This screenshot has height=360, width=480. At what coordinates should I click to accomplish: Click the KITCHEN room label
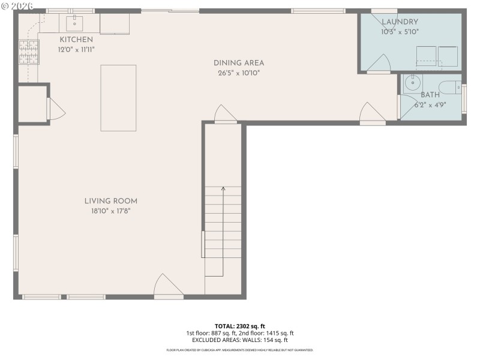tap(76, 40)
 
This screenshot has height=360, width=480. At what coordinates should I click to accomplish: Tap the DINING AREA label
tap(239, 63)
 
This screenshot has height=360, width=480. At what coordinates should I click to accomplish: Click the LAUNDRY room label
tap(400, 22)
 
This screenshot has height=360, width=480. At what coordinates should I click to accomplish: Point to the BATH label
tap(430, 95)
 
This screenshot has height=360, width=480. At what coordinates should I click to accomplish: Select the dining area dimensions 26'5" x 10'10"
tap(239, 73)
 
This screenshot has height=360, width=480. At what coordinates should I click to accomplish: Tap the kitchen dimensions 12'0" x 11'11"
tap(76, 50)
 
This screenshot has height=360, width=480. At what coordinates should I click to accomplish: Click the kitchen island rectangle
tap(118, 98)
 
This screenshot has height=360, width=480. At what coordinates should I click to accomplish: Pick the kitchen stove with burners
tap(28, 52)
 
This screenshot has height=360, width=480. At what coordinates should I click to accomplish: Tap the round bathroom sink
tap(412, 83)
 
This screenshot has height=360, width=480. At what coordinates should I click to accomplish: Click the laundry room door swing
tap(378, 63)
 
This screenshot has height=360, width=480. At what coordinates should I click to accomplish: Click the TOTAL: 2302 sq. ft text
tap(239, 326)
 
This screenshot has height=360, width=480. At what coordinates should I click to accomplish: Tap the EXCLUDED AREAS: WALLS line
tap(239, 340)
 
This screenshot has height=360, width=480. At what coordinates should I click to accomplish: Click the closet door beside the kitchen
tap(56, 109)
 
